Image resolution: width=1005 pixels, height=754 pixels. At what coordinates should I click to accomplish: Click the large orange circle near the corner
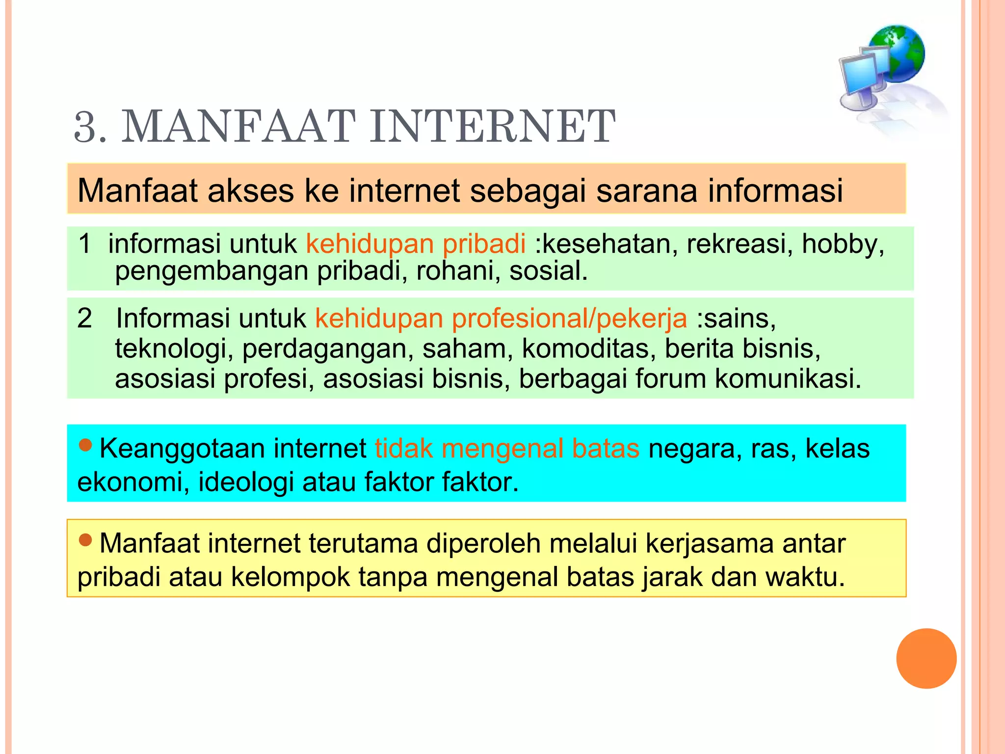click(x=926, y=658)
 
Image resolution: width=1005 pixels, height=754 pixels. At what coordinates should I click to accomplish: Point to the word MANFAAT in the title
click(x=238, y=127)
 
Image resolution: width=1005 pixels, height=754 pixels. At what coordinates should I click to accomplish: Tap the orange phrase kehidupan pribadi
click(x=416, y=243)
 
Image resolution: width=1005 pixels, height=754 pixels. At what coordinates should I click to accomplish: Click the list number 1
click(x=85, y=243)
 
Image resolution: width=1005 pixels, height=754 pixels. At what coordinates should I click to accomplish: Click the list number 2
click(x=85, y=318)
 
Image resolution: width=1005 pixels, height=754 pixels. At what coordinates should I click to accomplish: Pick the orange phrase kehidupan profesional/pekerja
click(x=501, y=319)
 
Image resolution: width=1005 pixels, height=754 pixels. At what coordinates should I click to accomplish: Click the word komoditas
click(x=588, y=349)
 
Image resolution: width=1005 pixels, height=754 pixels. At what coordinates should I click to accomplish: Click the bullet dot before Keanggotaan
click(x=85, y=445)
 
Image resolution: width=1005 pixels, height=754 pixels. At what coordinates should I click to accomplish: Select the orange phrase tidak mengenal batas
click(x=507, y=449)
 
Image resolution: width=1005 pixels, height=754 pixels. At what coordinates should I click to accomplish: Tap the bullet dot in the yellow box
click(x=85, y=540)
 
